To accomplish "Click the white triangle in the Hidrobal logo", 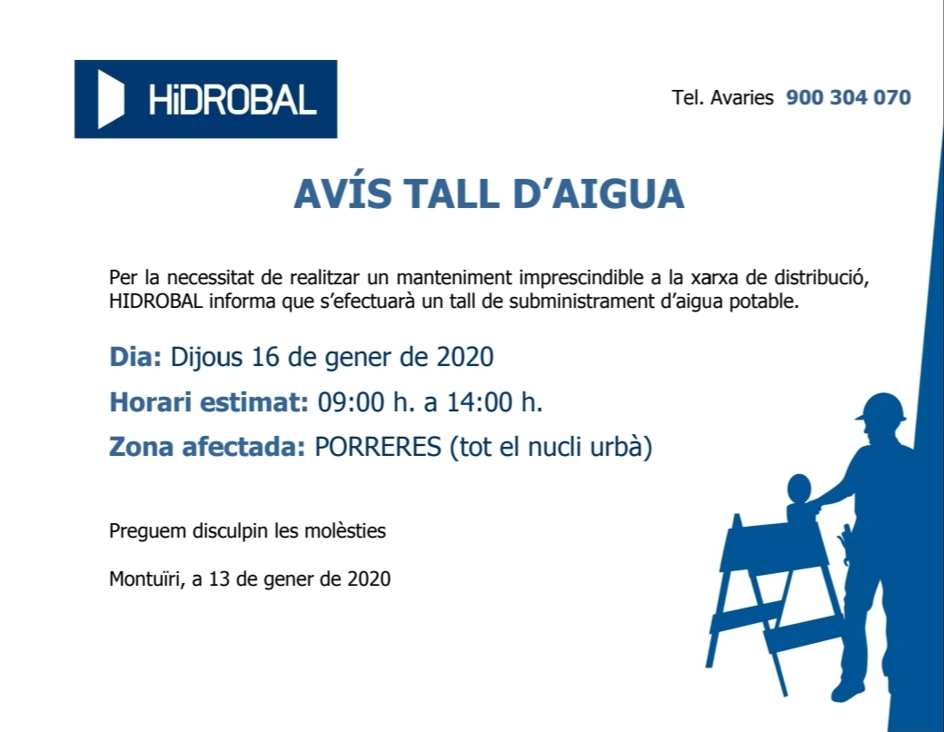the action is (110, 99).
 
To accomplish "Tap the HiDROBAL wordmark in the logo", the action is (233, 99).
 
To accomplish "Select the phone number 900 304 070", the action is (849, 97).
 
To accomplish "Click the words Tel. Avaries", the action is (722, 97).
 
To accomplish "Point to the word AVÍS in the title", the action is (343, 193).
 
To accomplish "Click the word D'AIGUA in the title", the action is (599, 193).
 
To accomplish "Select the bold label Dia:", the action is (135, 356).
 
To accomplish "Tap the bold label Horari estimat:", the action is (209, 402).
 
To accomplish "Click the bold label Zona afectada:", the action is (207, 447).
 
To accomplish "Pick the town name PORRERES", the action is (378, 447).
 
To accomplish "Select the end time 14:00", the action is (480, 402).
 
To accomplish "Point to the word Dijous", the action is (207, 358).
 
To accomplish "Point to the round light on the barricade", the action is (799, 489).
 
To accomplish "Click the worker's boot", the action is (848, 690).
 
